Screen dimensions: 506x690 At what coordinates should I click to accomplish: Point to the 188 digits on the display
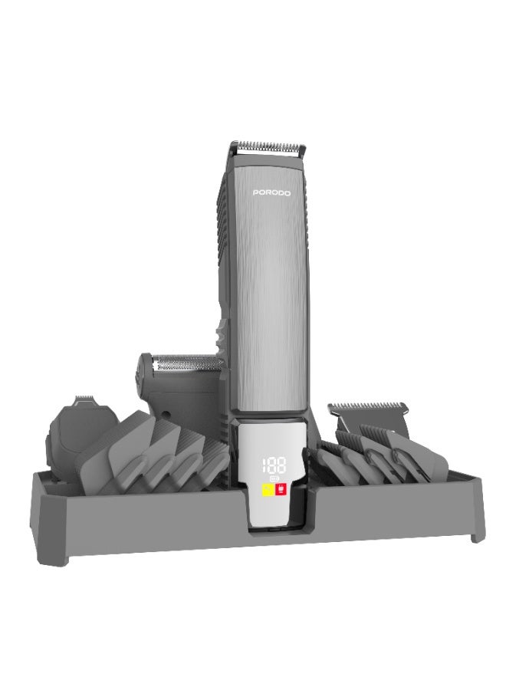(x=273, y=465)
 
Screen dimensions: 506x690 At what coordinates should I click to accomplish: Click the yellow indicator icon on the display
(x=267, y=489)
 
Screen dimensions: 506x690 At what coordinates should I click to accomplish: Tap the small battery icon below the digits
(x=274, y=478)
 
